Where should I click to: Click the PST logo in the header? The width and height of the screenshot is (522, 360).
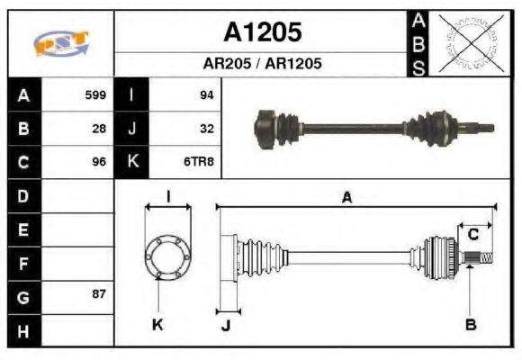click(60, 43)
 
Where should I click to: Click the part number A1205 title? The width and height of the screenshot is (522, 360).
click(262, 33)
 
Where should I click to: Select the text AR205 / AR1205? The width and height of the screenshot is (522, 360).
click(262, 65)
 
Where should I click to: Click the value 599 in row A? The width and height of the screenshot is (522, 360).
click(95, 94)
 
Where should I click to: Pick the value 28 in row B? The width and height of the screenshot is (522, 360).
click(99, 129)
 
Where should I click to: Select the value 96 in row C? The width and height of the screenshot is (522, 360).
click(99, 163)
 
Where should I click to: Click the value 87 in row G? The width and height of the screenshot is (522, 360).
click(99, 294)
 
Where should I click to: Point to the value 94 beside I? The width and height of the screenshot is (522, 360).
click(206, 94)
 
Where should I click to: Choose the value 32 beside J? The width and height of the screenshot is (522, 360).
click(206, 129)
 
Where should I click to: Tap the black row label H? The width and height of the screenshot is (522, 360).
click(22, 330)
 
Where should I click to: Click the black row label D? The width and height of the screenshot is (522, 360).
click(22, 195)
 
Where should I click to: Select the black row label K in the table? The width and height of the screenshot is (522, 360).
click(131, 162)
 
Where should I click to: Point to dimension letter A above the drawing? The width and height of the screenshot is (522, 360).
click(346, 198)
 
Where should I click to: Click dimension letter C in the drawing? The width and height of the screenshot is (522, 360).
click(472, 236)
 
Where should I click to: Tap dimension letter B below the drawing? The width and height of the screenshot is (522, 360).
click(470, 325)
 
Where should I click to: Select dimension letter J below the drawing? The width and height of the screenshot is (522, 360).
click(226, 326)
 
